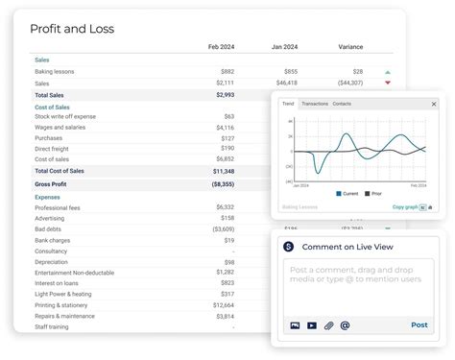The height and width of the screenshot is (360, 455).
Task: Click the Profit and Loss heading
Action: (x=72, y=29)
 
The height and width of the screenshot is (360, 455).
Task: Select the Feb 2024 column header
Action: (x=221, y=47)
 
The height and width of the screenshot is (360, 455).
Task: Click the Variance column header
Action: (x=350, y=47)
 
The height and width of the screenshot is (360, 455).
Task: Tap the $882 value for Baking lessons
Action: (x=227, y=72)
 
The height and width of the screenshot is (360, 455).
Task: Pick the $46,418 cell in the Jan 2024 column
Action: (x=283, y=84)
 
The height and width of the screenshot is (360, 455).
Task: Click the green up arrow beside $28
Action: (x=388, y=72)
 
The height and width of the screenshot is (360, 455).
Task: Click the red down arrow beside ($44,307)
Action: (x=388, y=84)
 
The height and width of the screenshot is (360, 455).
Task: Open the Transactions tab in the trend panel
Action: (x=314, y=104)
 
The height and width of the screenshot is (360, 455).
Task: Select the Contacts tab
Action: (x=342, y=104)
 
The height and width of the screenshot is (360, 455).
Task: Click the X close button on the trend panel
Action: (x=433, y=104)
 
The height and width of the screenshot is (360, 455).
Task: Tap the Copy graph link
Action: (x=404, y=206)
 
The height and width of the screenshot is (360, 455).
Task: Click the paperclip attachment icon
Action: (x=328, y=325)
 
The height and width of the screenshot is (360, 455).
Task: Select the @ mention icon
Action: (x=345, y=325)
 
